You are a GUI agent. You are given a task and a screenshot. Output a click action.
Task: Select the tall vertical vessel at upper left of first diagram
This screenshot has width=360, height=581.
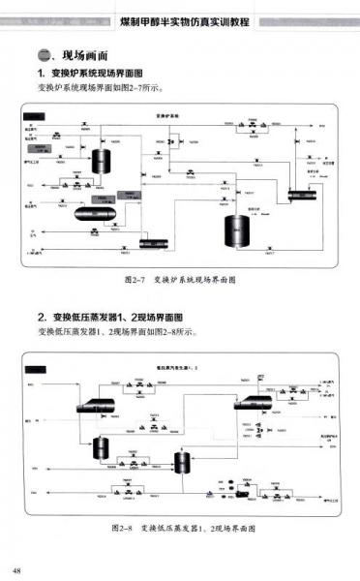point(99,162)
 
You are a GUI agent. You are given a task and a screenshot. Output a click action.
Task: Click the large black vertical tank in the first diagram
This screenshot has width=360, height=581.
point(235,231)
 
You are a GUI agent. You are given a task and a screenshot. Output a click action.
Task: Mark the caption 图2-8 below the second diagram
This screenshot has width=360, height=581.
point(183,529)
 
